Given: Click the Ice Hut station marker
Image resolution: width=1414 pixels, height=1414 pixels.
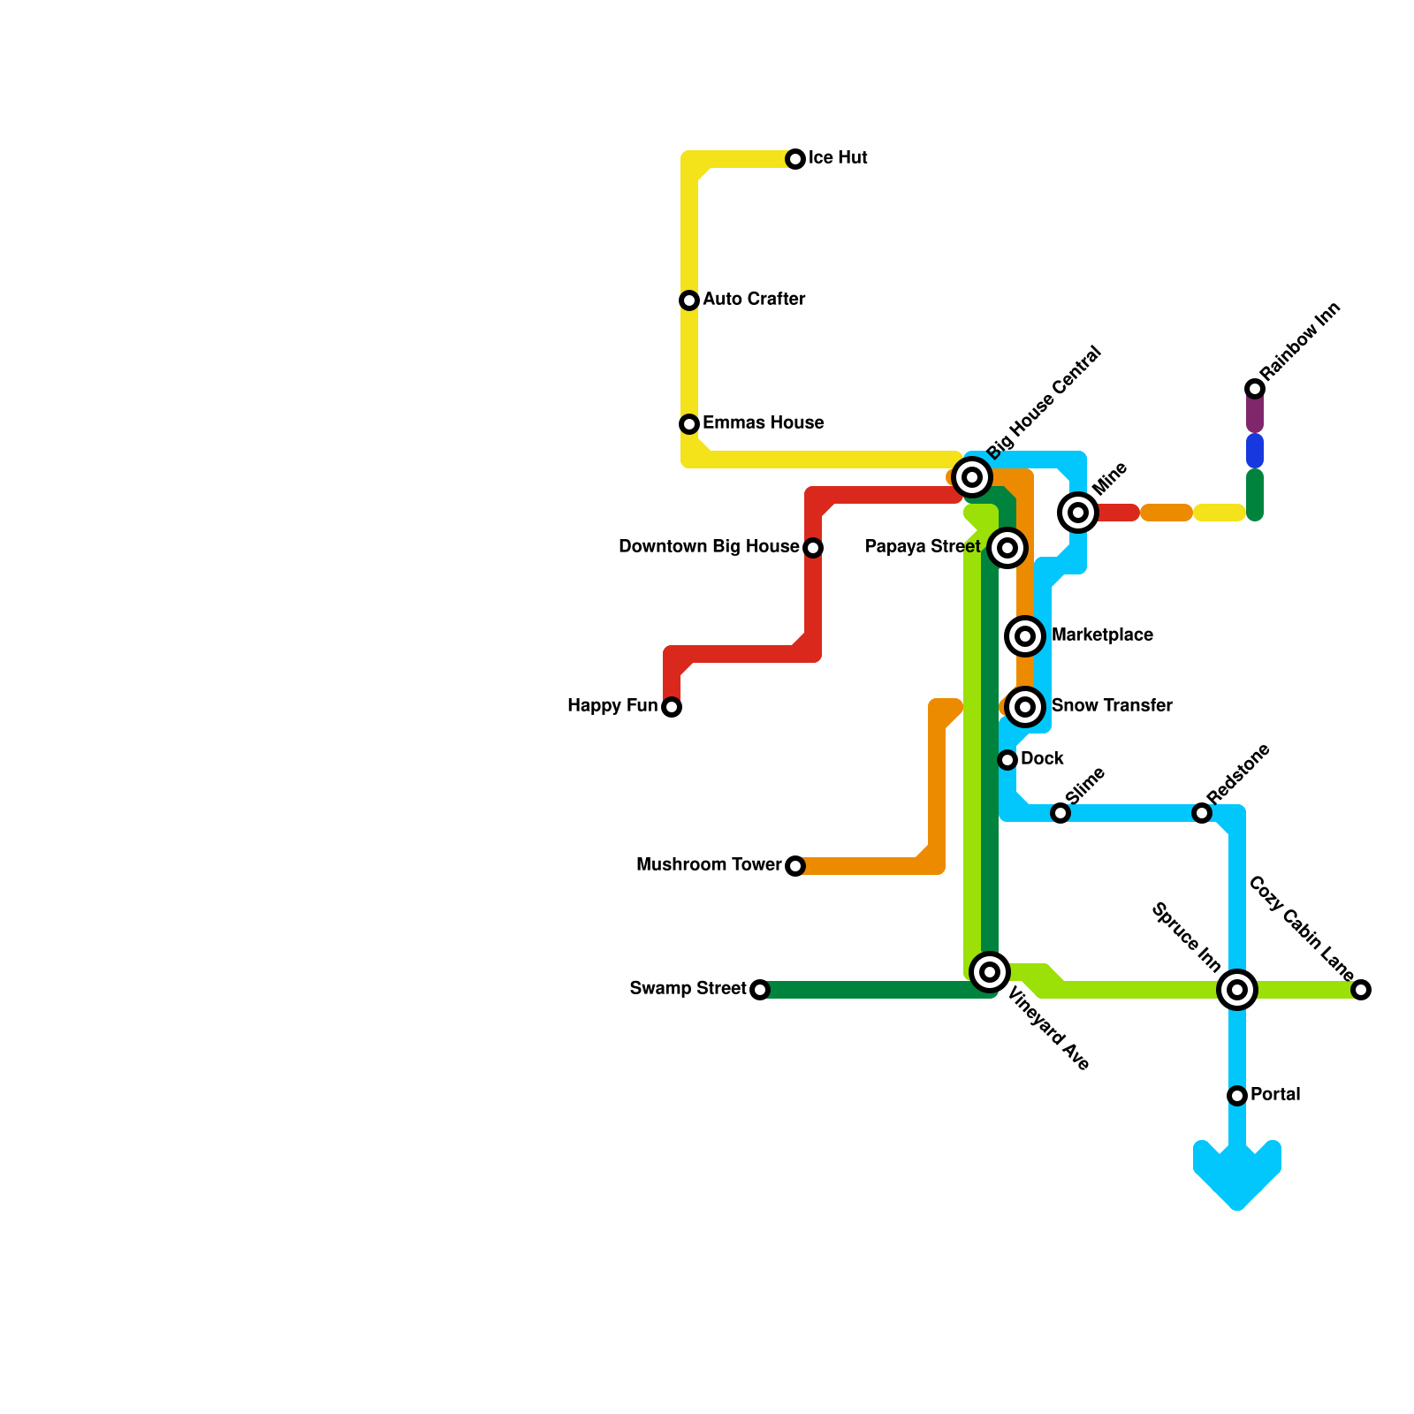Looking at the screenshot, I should pos(795,159).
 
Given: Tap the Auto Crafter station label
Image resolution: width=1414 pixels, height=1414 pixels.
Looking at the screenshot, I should pos(754,300).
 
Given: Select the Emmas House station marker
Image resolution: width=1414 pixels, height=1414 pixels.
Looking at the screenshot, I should pos(689,424).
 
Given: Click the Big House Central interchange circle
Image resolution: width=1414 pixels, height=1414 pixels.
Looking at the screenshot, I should pos(972,477).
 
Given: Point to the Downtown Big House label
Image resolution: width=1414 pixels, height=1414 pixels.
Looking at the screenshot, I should pos(709,547).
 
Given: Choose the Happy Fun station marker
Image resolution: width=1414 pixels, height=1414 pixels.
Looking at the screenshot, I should pos(672,707).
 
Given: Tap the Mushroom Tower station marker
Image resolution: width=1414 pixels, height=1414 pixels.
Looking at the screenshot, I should pos(795,866).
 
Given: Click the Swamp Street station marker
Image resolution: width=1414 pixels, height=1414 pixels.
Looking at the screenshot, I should pos(760,990).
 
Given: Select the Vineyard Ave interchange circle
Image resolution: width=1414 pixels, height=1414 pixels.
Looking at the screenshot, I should pos(990,972).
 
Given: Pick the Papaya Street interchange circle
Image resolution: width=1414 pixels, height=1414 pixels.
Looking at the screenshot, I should pos(1007,548).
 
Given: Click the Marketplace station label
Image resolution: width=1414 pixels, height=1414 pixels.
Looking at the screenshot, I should pos(1102,635).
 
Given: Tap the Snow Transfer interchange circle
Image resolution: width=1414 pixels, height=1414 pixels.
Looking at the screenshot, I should pos(1025,707).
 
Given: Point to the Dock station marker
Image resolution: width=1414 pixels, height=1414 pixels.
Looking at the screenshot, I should pos(1007,760).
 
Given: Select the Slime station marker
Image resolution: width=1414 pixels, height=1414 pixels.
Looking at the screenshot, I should pos(1060,813).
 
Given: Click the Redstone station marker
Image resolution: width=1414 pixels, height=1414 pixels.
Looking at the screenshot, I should pos(1202,813).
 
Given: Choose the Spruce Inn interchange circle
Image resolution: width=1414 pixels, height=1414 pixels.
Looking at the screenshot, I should pos(1237,990).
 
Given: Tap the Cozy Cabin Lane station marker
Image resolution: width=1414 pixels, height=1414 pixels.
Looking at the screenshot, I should pos(1361,990).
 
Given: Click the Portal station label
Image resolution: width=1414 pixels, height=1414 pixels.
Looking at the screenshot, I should pos(1275,1095).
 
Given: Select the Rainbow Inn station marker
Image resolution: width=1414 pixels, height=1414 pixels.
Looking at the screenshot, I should pos(1255,389).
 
